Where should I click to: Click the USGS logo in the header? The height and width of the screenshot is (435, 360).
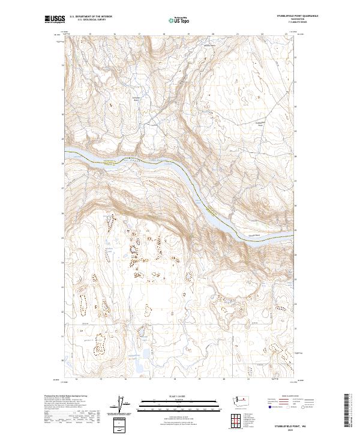click(x=55, y=19)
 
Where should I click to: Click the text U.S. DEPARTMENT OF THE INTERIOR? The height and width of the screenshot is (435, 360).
click(x=91, y=17)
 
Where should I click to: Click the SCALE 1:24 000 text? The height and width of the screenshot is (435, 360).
click(x=171, y=396)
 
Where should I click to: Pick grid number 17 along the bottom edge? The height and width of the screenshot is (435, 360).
click(x=149, y=380)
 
